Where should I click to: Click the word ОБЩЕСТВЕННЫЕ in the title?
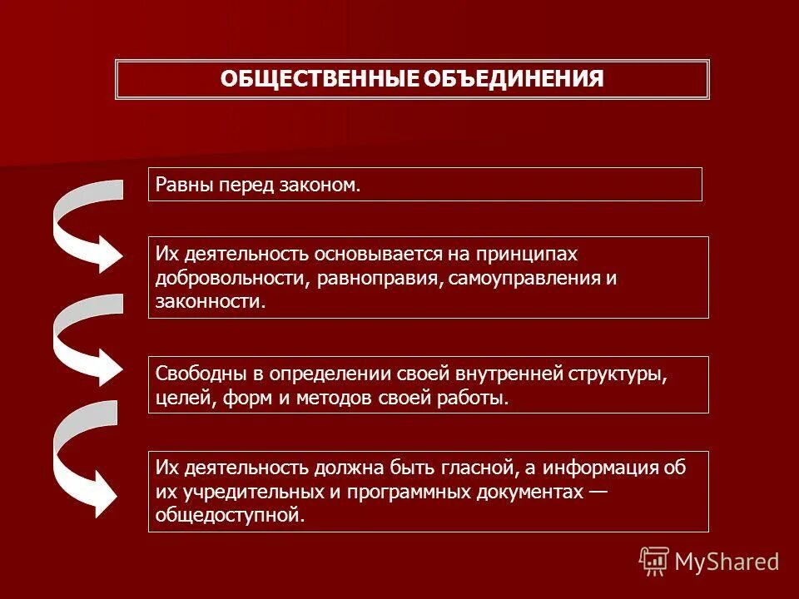(x=320, y=79)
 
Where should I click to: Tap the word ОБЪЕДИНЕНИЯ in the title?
(x=513, y=79)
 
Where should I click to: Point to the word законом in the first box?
(x=325, y=184)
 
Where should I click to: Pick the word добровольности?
(x=232, y=277)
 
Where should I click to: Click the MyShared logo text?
(x=726, y=562)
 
